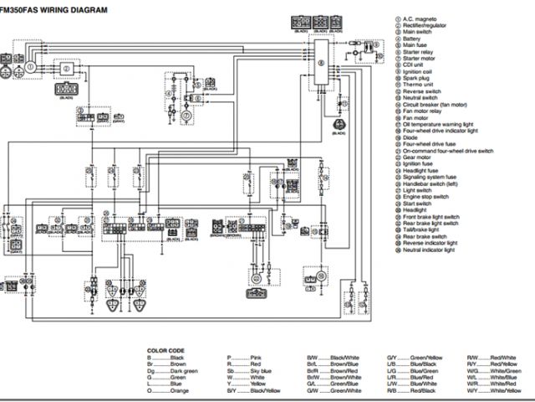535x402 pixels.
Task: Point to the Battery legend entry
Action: tap(417, 39)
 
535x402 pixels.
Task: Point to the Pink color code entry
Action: tap(243, 358)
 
